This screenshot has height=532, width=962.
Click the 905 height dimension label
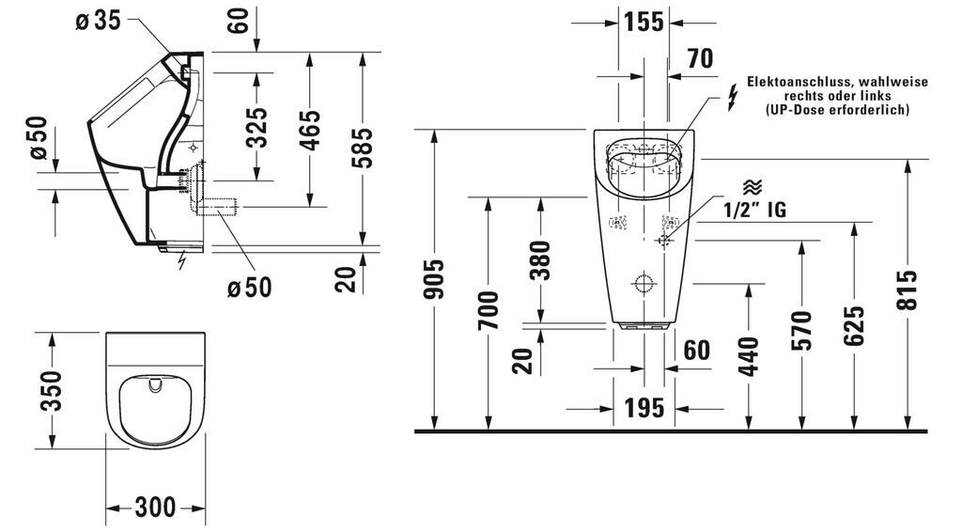point(434,279)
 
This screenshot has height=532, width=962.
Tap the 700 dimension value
point(489,310)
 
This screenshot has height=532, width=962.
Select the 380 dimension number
point(540,260)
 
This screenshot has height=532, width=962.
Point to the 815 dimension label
point(908,289)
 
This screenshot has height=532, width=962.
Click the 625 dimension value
point(854,325)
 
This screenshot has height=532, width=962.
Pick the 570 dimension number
point(801,331)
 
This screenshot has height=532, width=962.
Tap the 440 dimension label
point(749,356)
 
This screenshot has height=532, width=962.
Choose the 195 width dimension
point(644,408)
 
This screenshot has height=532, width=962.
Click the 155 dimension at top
point(644,23)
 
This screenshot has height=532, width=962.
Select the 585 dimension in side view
point(363,148)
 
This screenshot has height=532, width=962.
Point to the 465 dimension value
point(310,130)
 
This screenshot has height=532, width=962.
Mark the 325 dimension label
point(257,128)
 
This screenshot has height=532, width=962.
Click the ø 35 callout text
point(98,21)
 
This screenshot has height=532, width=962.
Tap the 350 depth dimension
point(52,391)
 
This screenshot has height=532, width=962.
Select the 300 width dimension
point(155,508)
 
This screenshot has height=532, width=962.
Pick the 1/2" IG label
point(754,210)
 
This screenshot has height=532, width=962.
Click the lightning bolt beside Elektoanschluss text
point(733,98)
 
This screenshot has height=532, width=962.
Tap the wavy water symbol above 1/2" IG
point(753,187)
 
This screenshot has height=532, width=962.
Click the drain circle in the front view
point(644,283)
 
